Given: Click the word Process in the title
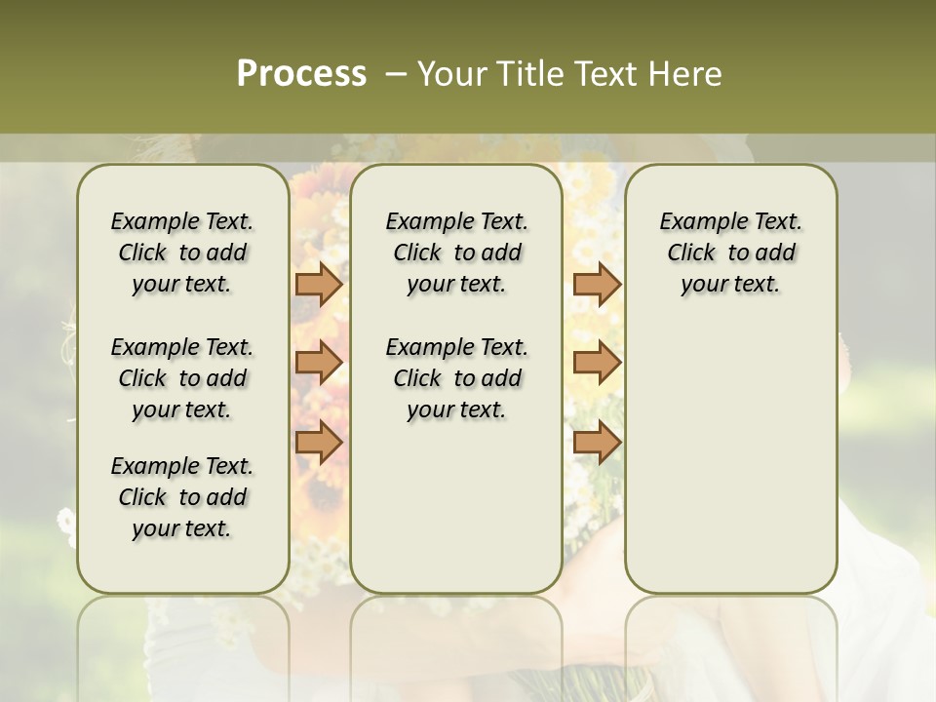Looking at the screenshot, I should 301,74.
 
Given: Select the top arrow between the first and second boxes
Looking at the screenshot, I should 319,284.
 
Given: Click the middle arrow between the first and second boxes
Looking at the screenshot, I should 319,363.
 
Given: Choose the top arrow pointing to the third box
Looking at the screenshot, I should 597,284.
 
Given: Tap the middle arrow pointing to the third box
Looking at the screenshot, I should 597,363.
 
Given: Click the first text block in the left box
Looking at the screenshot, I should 182,253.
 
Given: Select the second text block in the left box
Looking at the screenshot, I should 182,378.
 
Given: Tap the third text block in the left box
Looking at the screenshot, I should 182,497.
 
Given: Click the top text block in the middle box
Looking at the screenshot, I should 456,253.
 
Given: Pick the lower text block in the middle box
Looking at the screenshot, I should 456,378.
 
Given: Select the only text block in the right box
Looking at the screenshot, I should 730,253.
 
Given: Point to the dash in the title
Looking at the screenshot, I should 396,74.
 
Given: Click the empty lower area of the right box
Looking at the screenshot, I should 730,448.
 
